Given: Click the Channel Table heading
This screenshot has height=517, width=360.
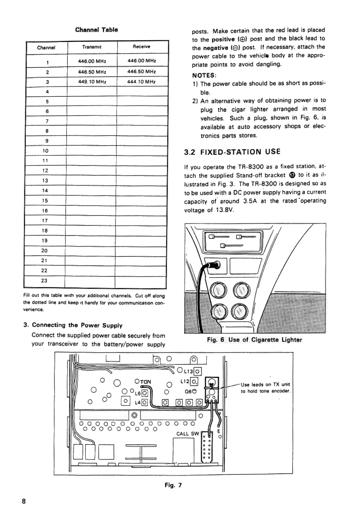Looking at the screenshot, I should (97, 29).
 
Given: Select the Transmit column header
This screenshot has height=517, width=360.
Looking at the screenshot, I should (92, 47).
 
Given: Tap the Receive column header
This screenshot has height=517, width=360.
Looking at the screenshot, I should (141, 47).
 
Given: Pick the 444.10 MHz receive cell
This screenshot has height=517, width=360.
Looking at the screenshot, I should (141, 82).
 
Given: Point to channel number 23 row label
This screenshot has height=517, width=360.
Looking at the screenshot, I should (45, 280).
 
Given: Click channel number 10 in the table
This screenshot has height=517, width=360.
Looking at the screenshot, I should (45, 151).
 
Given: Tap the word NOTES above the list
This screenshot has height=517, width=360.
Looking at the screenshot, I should (204, 75).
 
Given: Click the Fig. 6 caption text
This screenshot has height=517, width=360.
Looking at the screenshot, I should (254, 340).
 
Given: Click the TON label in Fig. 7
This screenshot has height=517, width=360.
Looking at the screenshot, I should (145, 382).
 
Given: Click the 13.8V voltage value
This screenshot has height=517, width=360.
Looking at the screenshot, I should (224, 210).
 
